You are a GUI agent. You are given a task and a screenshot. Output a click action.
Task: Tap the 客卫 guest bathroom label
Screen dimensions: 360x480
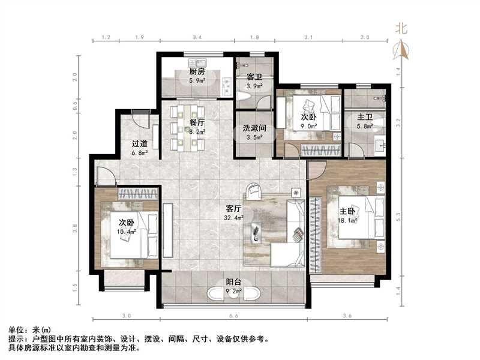click(x=254, y=77)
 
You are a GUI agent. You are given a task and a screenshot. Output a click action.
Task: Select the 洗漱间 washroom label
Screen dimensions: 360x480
click(x=254, y=128)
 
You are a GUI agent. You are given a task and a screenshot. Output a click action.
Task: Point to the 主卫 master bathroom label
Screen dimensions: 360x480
click(x=364, y=118)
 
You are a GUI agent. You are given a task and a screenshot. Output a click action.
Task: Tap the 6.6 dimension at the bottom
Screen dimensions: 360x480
click(x=233, y=316)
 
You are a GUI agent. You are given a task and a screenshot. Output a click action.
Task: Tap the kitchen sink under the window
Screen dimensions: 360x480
click(x=195, y=61)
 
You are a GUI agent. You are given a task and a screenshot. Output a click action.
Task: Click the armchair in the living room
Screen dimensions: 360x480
click(x=253, y=191)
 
